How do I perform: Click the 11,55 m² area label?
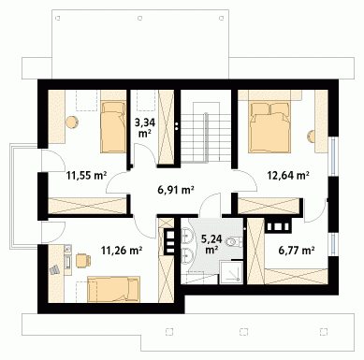tap(86, 176)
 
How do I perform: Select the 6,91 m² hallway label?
tap(176, 189)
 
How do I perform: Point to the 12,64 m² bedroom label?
tap(288, 176)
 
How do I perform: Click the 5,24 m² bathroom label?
tap(211, 244)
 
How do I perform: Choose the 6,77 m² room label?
tap(296, 250)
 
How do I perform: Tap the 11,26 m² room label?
tap(122, 250)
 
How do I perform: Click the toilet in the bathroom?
tap(235, 242)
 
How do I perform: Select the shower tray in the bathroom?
tap(231, 272)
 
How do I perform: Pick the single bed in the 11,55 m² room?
tap(113, 128)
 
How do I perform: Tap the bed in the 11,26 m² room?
tap(113, 289)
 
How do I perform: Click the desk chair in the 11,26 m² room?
tap(83, 260)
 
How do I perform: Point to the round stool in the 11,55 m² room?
tap(72, 122)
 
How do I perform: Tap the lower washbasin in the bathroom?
tap(186, 256)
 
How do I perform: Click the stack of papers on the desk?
tap(54, 270)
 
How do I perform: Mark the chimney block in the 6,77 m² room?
tap(278, 225)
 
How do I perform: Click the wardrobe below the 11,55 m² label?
tap(87, 206)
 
